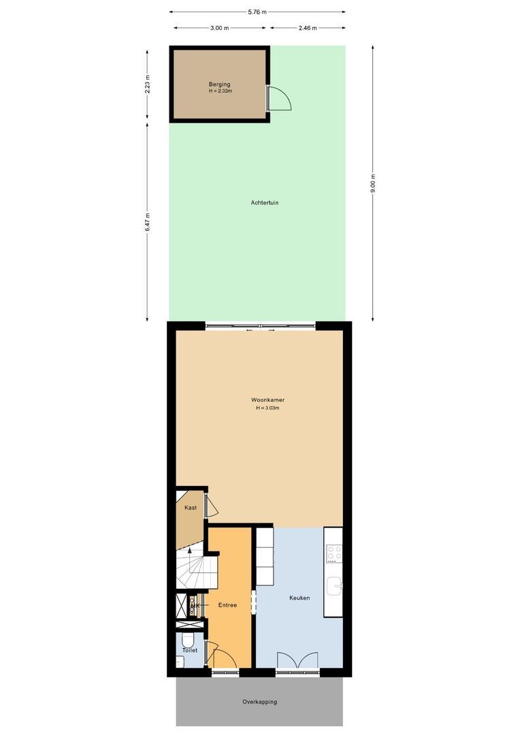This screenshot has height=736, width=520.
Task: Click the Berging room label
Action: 220,84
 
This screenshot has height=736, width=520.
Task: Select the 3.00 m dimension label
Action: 218,28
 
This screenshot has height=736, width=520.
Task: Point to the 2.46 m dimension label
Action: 308,28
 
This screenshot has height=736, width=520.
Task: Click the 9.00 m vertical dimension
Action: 372,184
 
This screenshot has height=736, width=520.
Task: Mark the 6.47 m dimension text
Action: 148,222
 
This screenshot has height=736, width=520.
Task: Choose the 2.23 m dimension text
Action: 148,83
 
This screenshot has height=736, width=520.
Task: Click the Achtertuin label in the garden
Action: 265,202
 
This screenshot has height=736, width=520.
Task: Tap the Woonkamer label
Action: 267,398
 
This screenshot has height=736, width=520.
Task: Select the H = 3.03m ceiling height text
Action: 267,408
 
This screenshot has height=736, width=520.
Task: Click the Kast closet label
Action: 190,508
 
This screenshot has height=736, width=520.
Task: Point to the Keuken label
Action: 299,598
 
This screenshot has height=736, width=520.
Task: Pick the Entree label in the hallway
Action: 227,605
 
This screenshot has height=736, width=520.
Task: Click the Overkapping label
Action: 260,702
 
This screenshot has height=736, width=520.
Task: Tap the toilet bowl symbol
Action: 189,641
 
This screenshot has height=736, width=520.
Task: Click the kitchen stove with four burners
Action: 334,553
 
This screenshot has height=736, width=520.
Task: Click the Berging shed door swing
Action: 280,99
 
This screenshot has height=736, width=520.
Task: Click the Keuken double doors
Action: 297,662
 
